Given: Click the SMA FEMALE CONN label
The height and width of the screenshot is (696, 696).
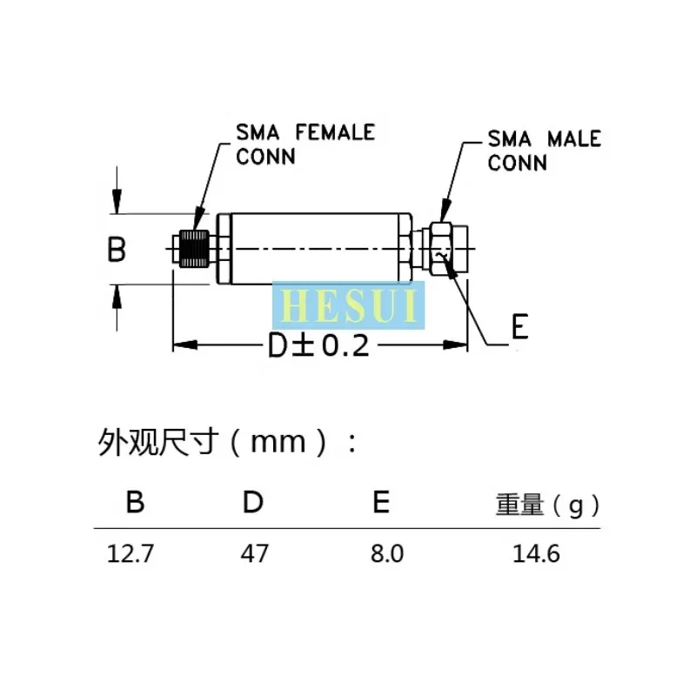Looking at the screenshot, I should click(305, 144).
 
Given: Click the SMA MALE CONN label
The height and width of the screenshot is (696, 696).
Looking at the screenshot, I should click(544, 150).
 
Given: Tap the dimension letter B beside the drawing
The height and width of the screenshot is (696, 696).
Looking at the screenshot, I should click(117, 251).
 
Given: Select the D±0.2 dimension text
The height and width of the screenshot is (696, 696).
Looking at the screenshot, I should click(318, 346).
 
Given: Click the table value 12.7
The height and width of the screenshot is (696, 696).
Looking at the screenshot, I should click(130, 553).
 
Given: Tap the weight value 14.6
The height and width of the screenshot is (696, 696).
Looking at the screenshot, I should click(542, 553).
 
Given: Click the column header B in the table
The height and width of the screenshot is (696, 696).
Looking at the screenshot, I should click(135, 503).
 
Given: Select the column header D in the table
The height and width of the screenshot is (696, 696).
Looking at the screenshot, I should click(253, 503).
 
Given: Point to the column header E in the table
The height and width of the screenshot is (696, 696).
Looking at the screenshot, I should click(380, 503).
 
